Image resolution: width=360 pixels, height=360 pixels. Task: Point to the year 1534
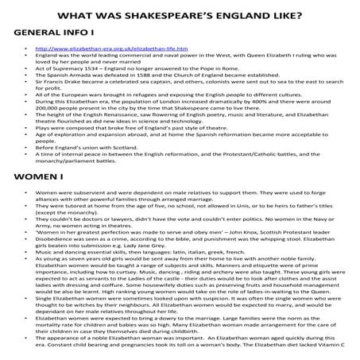pos(90,69)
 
